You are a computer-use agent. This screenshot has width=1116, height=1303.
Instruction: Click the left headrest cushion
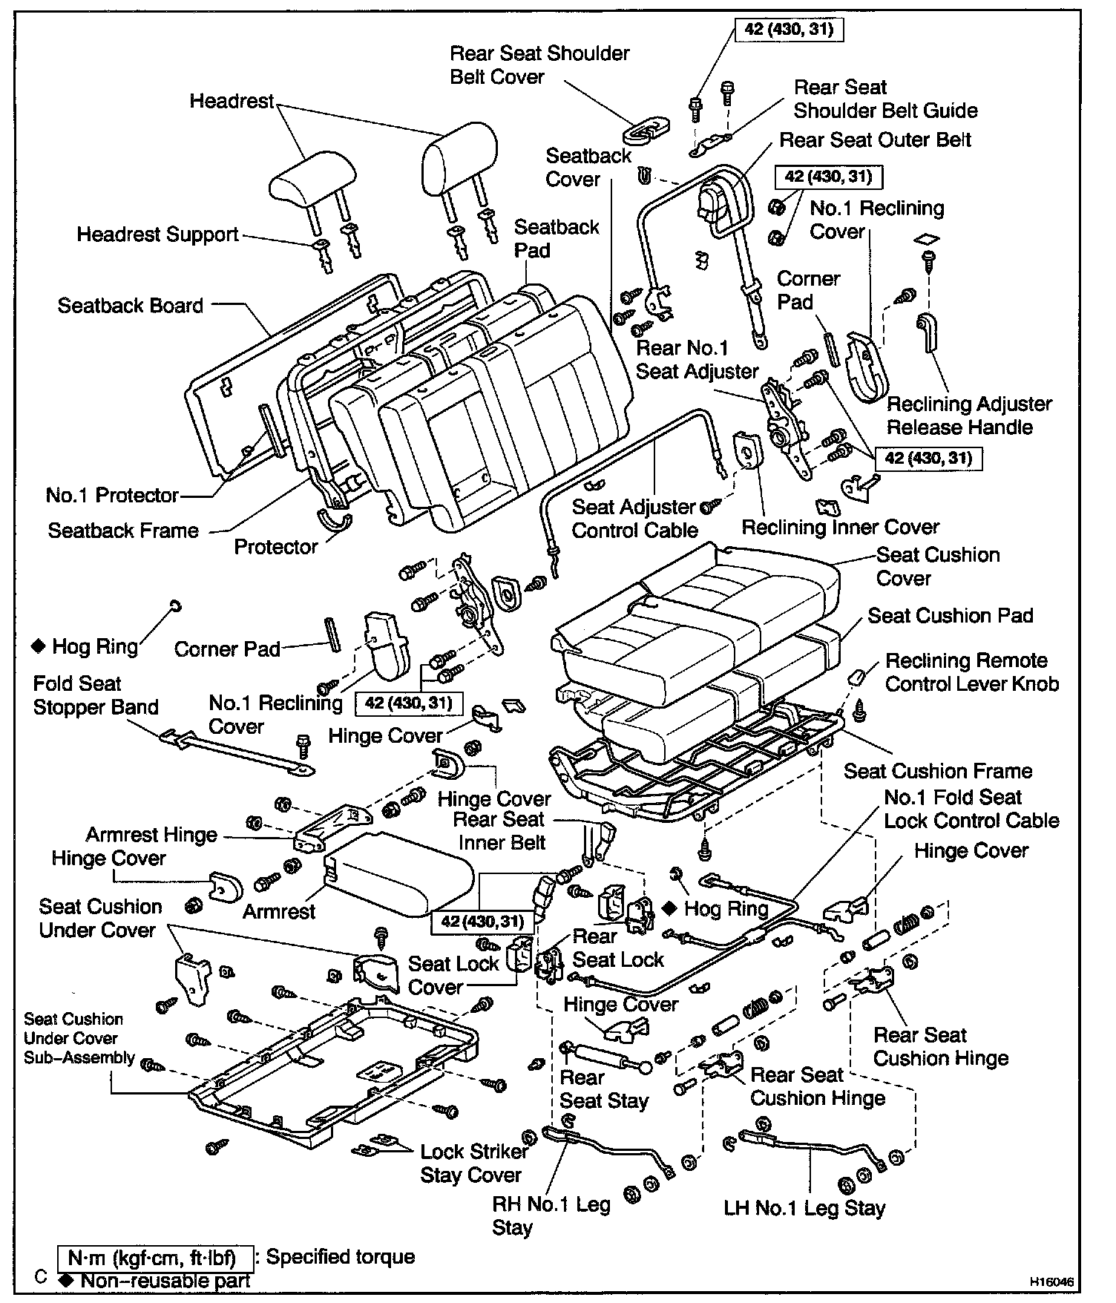[x=305, y=181]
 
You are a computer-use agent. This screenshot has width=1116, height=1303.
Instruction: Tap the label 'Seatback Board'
[x=130, y=306]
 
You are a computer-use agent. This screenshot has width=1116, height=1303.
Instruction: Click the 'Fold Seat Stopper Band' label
[x=96, y=695]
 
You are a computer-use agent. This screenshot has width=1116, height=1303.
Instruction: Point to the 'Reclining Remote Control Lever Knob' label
[x=971, y=672]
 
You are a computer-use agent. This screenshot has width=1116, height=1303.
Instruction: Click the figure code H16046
[x=1051, y=1282]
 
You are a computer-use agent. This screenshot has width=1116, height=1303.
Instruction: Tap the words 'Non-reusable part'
[x=165, y=1281]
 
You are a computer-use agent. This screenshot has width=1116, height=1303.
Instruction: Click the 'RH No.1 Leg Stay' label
[x=551, y=1215]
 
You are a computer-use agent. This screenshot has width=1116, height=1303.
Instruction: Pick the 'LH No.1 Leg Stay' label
[x=804, y=1209]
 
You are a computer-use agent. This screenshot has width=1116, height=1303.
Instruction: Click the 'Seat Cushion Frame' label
[x=938, y=771]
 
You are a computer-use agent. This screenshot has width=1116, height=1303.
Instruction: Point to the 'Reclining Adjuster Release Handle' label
[x=968, y=416]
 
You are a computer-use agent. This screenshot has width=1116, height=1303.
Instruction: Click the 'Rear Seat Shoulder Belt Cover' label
[x=539, y=65]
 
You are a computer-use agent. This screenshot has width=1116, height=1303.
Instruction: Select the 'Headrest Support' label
[x=157, y=235]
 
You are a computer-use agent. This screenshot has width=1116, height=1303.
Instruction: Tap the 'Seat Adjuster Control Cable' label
[x=634, y=519]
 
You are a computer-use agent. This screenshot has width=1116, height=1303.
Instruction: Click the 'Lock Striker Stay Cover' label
[x=473, y=1163]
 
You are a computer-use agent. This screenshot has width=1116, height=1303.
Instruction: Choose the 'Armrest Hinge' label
[x=151, y=835]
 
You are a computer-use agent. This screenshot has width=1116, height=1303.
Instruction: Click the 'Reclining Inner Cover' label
[x=840, y=527]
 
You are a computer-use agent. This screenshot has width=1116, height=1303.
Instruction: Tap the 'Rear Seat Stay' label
[x=603, y=1089]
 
